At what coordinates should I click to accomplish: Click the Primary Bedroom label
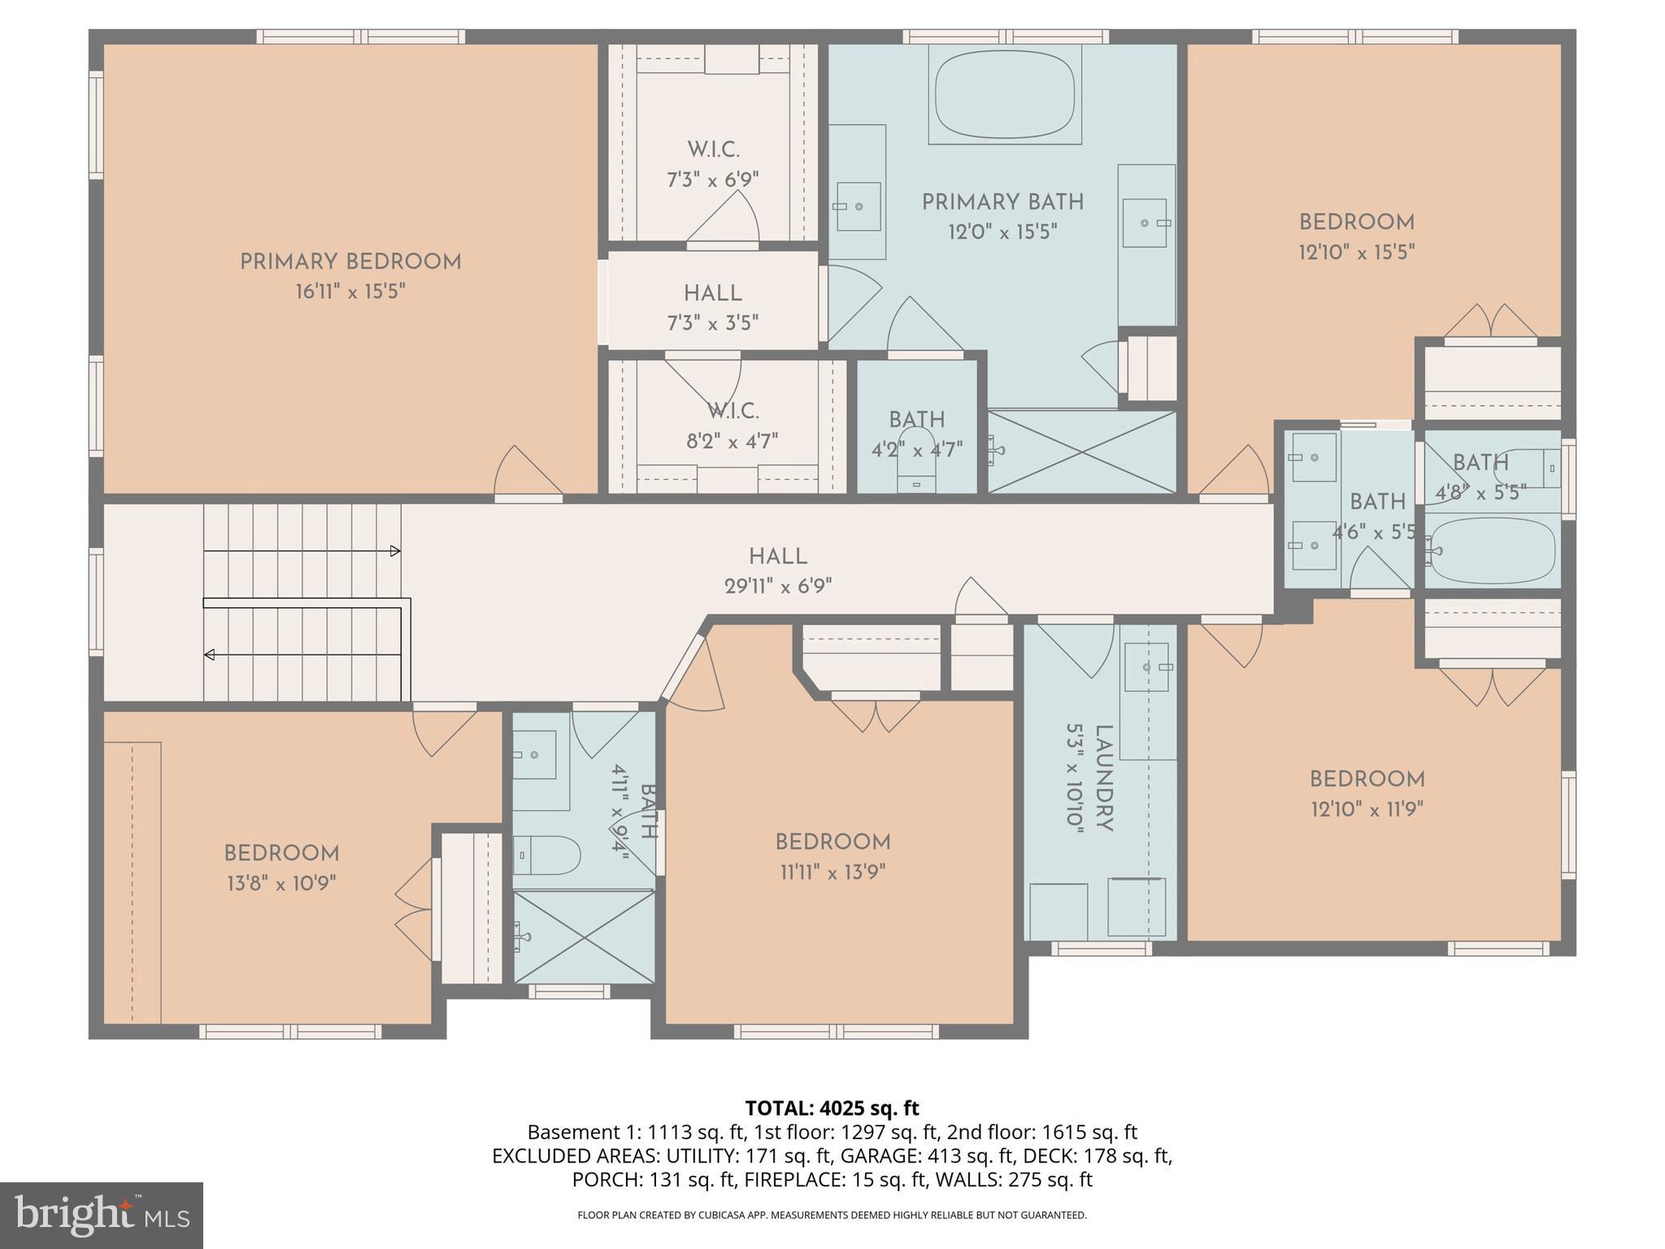[350, 262]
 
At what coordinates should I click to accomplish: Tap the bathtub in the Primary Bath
[1005, 94]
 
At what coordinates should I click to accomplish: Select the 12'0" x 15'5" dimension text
[1002, 233]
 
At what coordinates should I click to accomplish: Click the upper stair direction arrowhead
[396, 551]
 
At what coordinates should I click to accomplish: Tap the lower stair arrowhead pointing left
[210, 655]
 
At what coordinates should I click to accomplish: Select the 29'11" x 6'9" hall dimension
[778, 586]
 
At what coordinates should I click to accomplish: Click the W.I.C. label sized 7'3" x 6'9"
[713, 150]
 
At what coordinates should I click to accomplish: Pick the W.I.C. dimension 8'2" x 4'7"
[732, 442]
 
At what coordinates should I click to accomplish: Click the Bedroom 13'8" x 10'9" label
[281, 854]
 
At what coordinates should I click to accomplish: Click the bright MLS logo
[102, 1215]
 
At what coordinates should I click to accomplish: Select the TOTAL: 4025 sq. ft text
[832, 1108]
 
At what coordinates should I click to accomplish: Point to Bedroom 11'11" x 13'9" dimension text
[832, 873]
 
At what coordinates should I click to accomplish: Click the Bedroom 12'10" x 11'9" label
[1367, 779]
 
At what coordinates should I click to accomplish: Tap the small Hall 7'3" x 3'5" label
[712, 294]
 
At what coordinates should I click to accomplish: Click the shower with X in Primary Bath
[1081, 451]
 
